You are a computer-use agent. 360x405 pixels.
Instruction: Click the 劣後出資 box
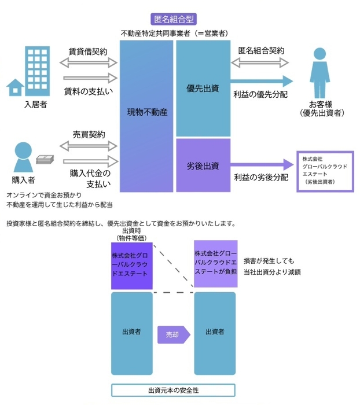pos(203,165)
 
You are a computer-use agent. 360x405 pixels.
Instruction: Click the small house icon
pos(15,87)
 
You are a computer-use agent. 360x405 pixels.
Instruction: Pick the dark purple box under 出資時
pos(132,265)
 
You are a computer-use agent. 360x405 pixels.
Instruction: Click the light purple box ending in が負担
pos(215,263)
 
